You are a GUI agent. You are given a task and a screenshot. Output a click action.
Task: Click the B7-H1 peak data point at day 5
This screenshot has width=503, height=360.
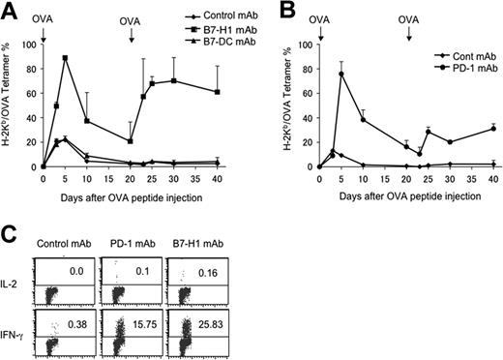pyautogui.click(x=65, y=58)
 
